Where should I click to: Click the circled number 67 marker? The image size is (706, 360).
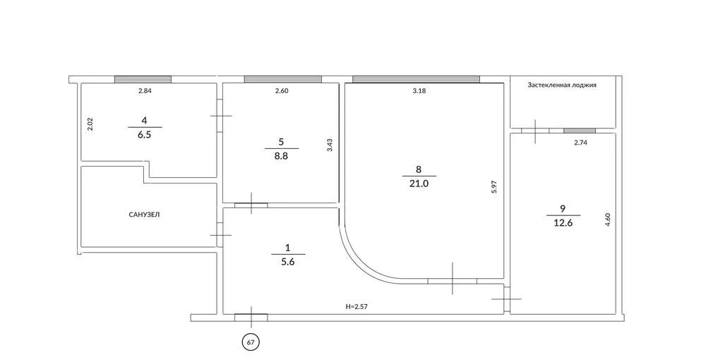251,342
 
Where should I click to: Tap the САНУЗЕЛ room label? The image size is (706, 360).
144,215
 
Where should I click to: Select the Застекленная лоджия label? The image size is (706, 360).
562,85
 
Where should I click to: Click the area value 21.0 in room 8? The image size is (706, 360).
419,184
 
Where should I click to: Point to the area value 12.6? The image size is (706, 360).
563,222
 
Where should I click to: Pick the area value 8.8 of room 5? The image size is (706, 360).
281,156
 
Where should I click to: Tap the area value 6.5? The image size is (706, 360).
145,135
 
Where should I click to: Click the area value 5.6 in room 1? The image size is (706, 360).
288,261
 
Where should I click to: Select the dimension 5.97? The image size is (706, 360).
494,186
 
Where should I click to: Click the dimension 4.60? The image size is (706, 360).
607,219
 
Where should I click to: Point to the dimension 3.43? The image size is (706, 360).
330,145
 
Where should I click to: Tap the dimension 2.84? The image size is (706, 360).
145,91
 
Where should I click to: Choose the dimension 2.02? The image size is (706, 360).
90,124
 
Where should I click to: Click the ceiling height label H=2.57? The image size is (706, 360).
357,306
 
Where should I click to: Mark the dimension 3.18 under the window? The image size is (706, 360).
419,91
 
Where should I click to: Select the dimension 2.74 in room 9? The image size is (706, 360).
581,143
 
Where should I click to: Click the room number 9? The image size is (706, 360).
563,208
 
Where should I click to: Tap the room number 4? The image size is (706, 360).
144,120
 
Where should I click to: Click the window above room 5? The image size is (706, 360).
283,79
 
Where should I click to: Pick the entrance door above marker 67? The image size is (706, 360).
251,317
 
